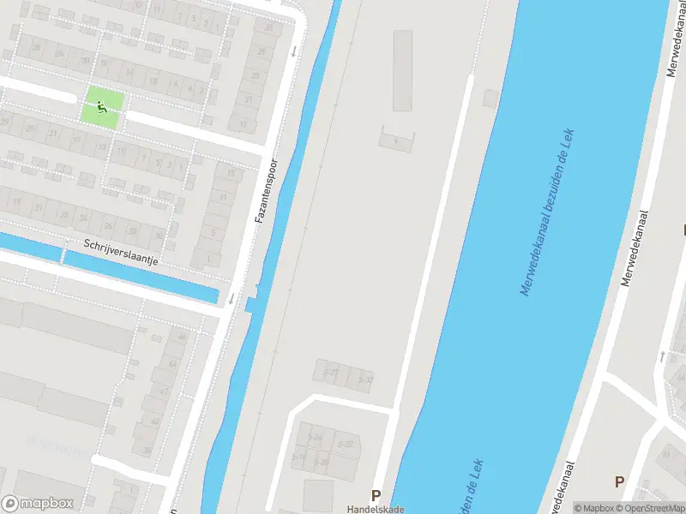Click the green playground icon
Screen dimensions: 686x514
[x=102, y=108]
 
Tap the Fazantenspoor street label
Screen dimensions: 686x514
[x=266, y=190]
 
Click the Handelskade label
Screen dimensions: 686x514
[x=376, y=508]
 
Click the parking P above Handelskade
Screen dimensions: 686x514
[x=376, y=495]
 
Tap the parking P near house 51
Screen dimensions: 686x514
[x=619, y=481]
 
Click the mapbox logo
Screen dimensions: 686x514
[x=38, y=504]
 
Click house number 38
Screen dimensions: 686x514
[x=147, y=451]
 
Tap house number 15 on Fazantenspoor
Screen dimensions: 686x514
[x=229, y=174]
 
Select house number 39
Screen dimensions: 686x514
[x=270, y=27]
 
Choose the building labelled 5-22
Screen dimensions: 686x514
[x=346, y=443]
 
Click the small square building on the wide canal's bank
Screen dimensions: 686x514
[x=490, y=98]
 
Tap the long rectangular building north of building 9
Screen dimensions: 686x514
[x=403, y=71]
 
